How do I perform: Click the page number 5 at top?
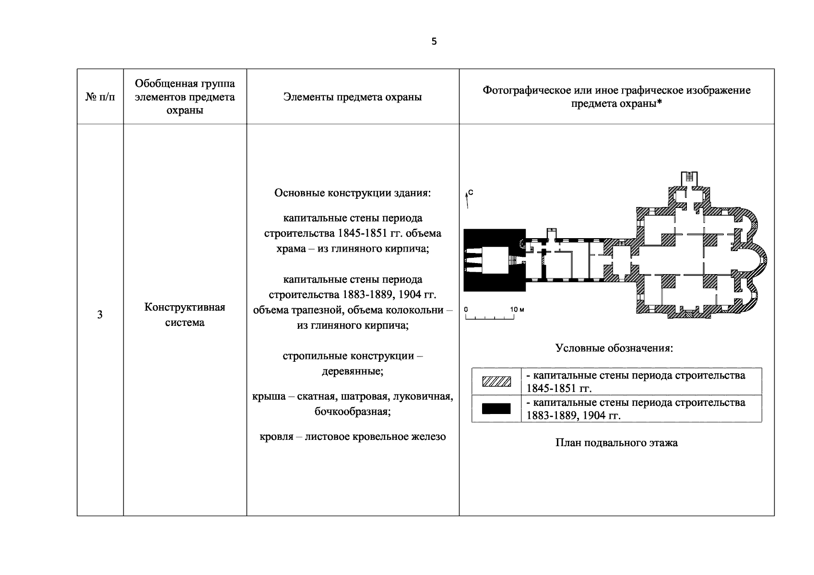point(434,42)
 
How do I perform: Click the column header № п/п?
point(100,97)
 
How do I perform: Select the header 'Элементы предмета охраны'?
point(353,97)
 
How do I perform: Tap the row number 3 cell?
point(100,315)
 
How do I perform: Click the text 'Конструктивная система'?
point(185,315)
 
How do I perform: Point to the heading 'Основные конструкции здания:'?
point(353,193)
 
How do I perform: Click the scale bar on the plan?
point(490,318)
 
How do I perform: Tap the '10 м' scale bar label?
point(517,310)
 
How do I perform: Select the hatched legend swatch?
point(496,381)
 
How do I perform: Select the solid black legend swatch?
point(496,409)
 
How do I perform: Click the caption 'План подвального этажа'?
point(616,443)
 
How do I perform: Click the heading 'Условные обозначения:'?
point(614,348)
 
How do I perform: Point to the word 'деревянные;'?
point(353,371)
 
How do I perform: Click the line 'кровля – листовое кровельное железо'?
point(353,437)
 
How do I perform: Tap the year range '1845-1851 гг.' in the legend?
point(559,388)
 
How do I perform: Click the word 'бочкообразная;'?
point(353,412)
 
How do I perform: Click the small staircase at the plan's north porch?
point(689,177)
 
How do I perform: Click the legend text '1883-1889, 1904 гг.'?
point(573,415)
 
